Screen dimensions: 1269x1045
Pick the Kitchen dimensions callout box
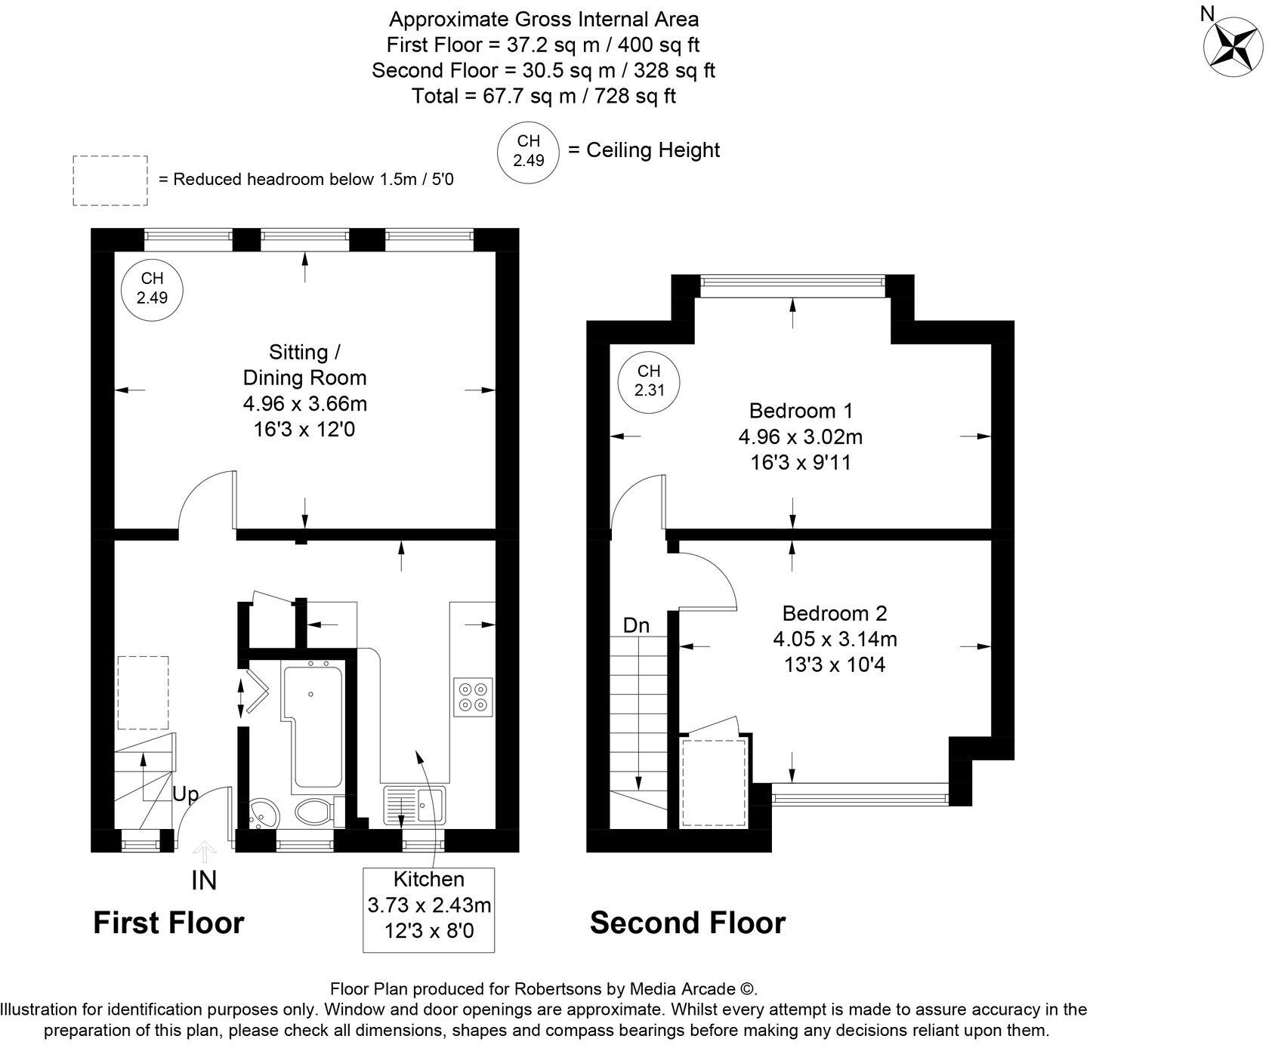pyautogui.click(x=429, y=910)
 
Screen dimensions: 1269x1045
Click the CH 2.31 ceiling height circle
pyautogui.click(x=649, y=381)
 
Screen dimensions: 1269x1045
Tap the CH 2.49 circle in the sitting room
pyautogui.click(x=153, y=288)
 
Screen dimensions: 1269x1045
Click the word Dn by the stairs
pyautogui.click(x=636, y=625)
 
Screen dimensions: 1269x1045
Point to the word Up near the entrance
pyautogui.click(x=186, y=794)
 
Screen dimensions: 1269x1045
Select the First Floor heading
pyautogui.click(x=168, y=923)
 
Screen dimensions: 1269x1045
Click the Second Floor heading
pyautogui.click(x=687, y=923)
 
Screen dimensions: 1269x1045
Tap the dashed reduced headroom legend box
pyautogui.click(x=110, y=180)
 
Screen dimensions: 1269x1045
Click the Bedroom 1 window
pyautogui.click(x=792, y=282)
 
